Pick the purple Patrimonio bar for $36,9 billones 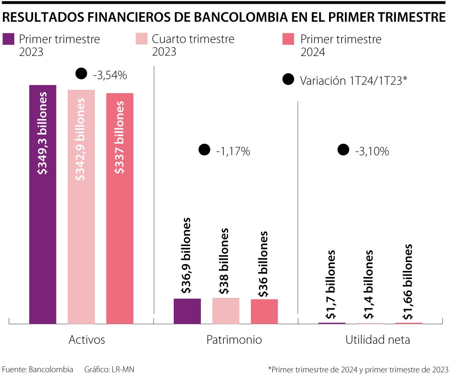187,311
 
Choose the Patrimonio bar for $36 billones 264,311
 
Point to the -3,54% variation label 109,75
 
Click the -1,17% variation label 233,151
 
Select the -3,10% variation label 372,151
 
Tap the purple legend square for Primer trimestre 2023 9,39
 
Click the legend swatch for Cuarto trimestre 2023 142,39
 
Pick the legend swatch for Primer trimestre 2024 289,39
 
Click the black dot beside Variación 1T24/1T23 288,80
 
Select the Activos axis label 86,340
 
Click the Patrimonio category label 234,340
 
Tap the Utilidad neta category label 378,340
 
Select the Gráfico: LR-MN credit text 109,369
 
